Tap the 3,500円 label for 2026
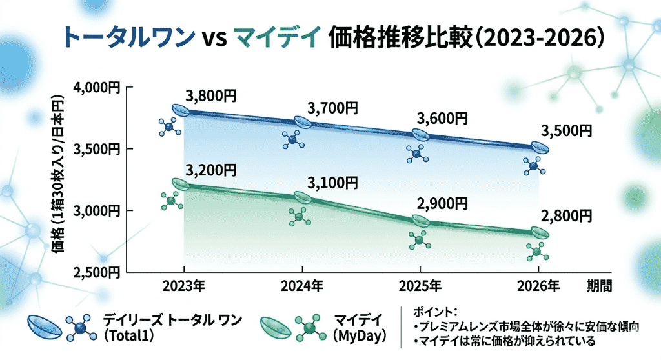[566, 130]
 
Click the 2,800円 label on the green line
[566, 215]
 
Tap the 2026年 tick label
[538, 285]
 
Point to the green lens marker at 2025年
[420, 221]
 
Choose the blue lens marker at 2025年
[420, 134]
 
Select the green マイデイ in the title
[276, 38]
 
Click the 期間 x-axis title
[598, 285]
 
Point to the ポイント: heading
[434, 311]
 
